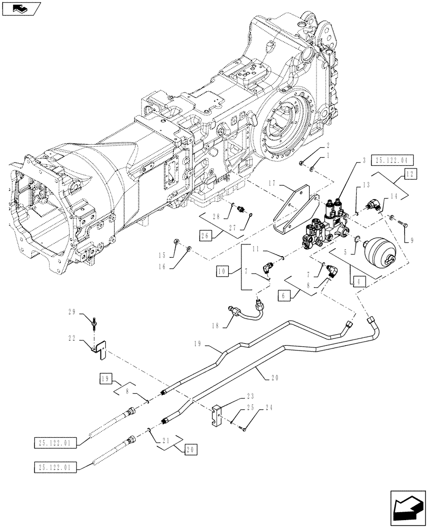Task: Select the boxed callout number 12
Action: coord(411,174)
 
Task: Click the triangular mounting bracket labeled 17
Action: coord(295,214)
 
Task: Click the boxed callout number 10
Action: coord(222,271)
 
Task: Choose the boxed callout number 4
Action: coord(359,281)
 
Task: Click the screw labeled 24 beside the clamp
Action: coord(245,430)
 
